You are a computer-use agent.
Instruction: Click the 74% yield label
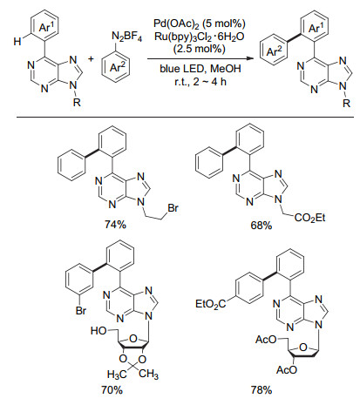[x=116, y=225]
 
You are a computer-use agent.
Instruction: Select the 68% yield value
[x=262, y=226]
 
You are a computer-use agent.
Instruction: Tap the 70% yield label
[x=112, y=390]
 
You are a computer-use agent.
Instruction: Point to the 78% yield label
[x=262, y=390]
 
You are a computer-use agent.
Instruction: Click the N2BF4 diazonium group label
[x=127, y=37]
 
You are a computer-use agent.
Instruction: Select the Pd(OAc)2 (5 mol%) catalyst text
[x=200, y=24]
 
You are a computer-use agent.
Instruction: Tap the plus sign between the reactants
[x=92, y=59]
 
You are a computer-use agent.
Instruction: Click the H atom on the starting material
[x=17, y=42]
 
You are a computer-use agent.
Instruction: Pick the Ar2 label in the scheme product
[x=274, y=51]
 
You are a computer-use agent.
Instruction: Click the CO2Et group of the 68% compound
[x=309, y=218]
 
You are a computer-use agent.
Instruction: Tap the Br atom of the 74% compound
[x=173, y=208]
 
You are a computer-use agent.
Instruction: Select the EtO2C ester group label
[x=211, y=305]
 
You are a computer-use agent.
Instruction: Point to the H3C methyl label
[x=117, y=375]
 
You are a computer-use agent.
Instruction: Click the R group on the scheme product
[x=346, y=103]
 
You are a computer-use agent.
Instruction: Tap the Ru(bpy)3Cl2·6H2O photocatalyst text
[x=200, y=37]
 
